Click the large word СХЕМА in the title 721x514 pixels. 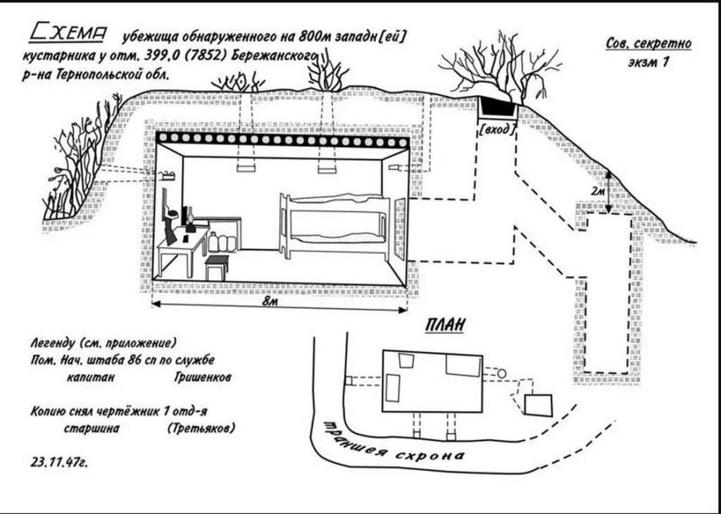click(x=68, y=32)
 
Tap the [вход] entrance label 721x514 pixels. click(x=497, y=129)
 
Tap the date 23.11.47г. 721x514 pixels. click(x=61, y=463)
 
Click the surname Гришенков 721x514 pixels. click(x=202, y=377)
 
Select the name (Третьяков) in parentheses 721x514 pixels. click(x=201, y=428)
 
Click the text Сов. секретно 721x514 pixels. click(x=648, y=44)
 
